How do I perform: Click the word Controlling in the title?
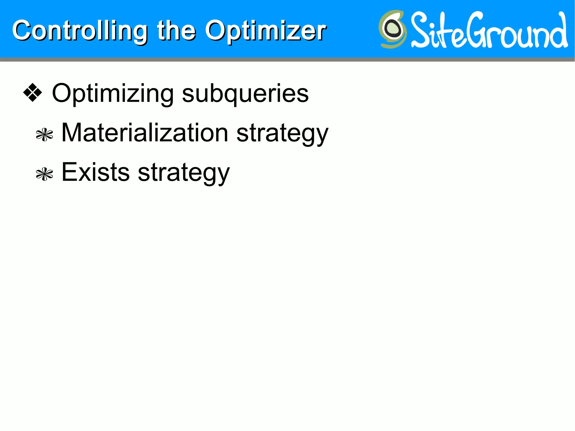tap(80, 31)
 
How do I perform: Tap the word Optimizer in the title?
tap(265, 31)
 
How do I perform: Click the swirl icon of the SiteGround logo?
tap(392, 29)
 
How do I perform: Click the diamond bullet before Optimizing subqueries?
tap(33, 93)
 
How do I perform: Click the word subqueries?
tap(245, 94)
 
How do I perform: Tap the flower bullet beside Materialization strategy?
tap(44, 135)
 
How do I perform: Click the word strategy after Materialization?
tap(282, 134)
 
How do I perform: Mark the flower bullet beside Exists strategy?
tap(44, 174)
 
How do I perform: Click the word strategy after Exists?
tap(184, 173)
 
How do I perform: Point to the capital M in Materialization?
tap(71, 133)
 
